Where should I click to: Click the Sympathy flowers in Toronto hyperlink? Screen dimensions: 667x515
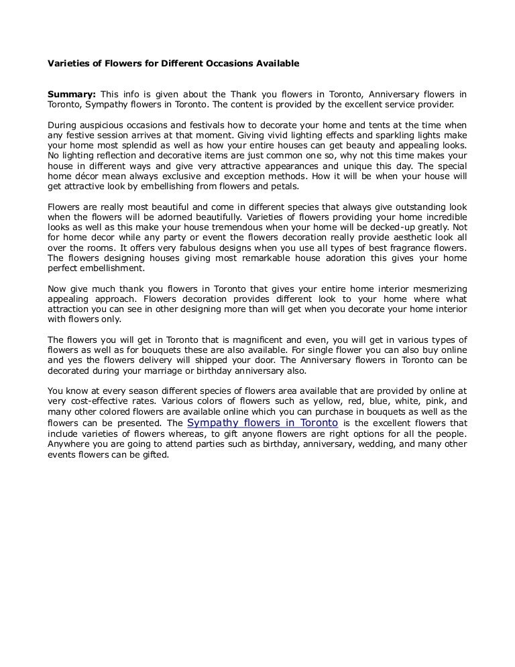point(262,423)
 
